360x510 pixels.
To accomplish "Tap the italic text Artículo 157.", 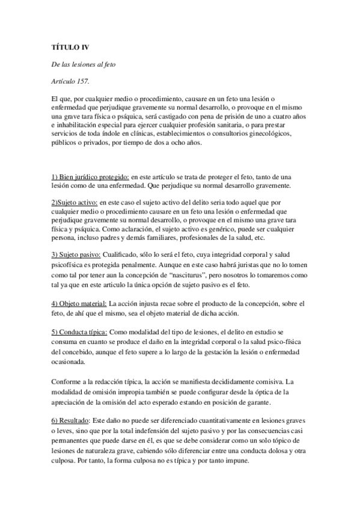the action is coord(70,81).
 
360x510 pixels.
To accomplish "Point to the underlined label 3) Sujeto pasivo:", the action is coord(76,256).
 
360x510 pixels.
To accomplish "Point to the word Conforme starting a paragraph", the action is coord(66,381).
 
